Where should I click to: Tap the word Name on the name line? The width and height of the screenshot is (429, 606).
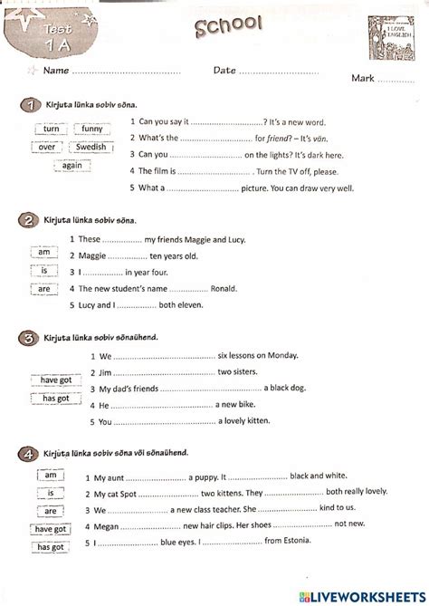(56, 70)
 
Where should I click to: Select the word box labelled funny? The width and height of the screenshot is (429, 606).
(93, 130)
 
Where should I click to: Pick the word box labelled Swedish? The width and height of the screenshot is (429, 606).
(90, 147)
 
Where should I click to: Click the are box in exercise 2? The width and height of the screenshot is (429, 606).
(43, 289)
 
